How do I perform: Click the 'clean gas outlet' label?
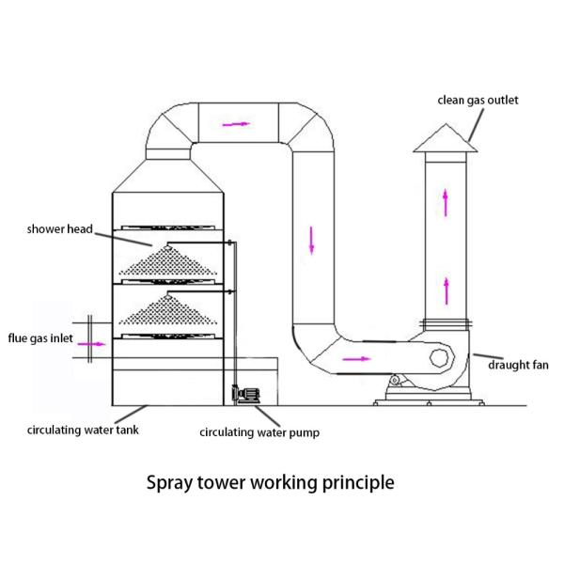478,100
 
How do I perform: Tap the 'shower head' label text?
60,228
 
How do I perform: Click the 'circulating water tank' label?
78,431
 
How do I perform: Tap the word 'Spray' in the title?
171,483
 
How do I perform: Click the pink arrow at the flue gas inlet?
92,345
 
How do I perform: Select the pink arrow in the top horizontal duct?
239,122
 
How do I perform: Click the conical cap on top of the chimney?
445,138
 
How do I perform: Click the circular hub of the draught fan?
439,358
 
